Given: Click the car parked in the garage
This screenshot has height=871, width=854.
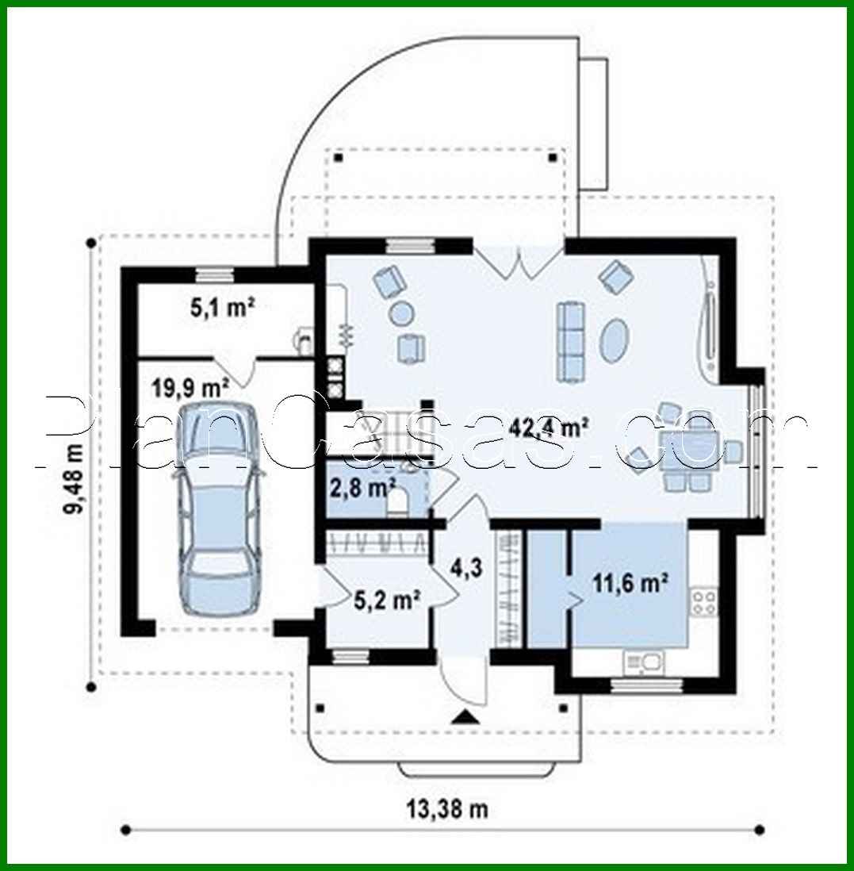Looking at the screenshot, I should (219, 508).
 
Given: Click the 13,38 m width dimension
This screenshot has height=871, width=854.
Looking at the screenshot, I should (447, 809).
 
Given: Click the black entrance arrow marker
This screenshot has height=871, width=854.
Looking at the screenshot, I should (465, 718).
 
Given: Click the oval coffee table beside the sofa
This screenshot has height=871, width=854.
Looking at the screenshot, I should (615, 340).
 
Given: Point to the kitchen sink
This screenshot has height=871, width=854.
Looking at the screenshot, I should (644, 661).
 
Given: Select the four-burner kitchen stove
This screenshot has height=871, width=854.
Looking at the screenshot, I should (703, 600).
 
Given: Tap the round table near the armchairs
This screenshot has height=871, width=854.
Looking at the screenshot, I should (401, 314).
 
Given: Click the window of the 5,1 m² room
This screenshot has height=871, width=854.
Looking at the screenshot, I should (215, 274).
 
